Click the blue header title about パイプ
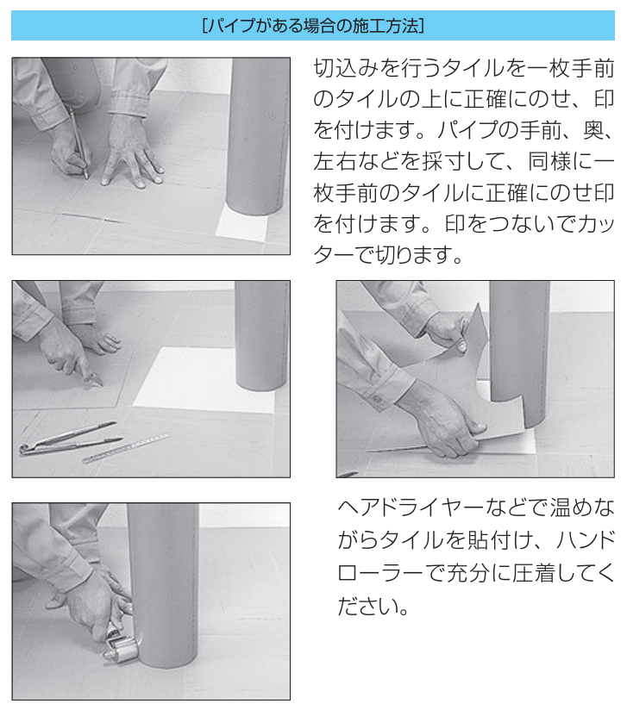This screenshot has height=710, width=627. click(x=312, y=25)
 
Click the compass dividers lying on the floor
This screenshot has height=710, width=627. click(x=65, y=438)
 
